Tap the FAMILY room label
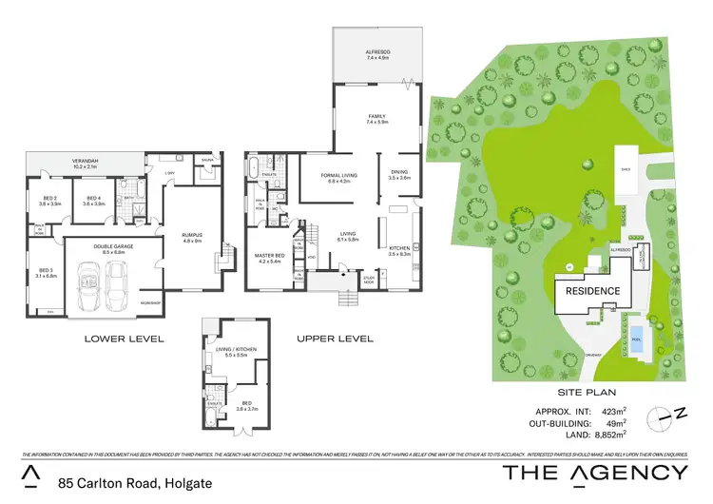pos(377,118)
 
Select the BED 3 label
pos(45,272)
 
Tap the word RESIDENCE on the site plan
pos(593,291)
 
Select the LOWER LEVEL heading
pos(125,339)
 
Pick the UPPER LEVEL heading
pos(334,339)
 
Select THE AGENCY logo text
pos(594,473)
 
